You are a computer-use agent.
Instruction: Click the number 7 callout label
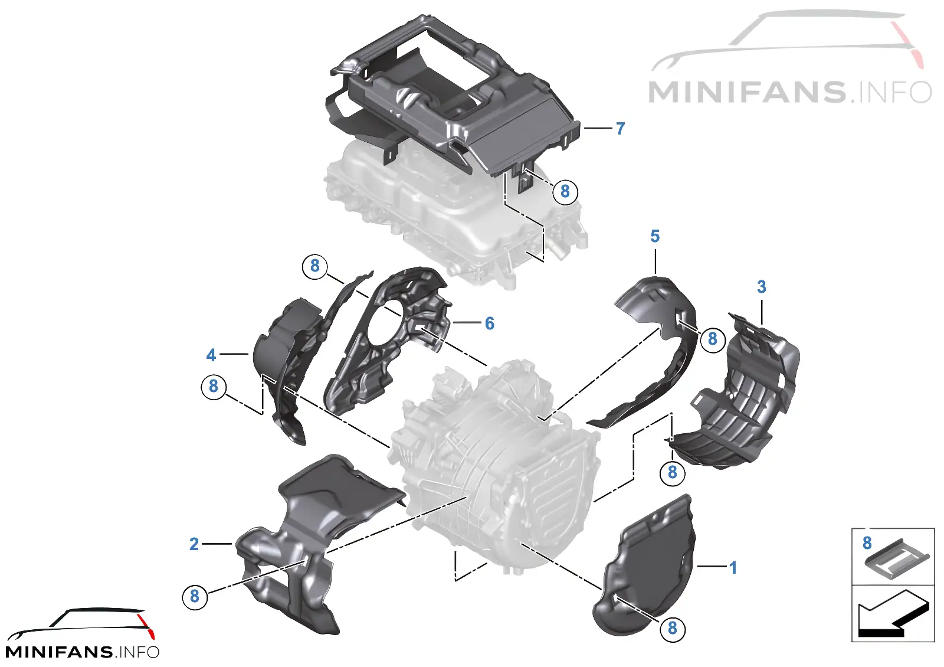[x=620, y=129]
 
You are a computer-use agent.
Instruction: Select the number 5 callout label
[x=654, y=237]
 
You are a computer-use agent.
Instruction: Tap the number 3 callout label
[x=761, y=287]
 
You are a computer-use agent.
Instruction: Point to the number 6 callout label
[x=489, y=323]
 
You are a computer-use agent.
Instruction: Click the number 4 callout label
[x=211, y=355]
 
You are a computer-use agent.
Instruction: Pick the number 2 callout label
[x=194, y=544]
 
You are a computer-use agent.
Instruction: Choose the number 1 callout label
[x=733, y=567]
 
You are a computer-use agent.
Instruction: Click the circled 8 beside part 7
[x=565, y=191]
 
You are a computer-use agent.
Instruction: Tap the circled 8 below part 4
[x=214, y=386]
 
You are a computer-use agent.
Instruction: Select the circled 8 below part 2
[x=194, y=596]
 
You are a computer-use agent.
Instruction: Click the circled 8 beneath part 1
[x=672, y=628]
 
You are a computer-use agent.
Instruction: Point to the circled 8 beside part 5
[x=713, y=339]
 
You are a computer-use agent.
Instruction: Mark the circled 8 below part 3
[x=672, y=472]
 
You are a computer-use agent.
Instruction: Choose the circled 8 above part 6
[x=315, y=266]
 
